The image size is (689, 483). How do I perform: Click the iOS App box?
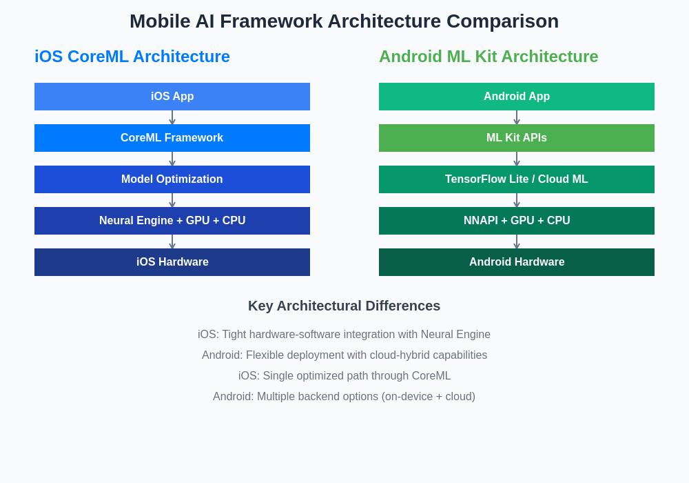(172, 97)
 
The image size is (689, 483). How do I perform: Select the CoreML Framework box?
(172, 138)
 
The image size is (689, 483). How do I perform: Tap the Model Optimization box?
(172, 179)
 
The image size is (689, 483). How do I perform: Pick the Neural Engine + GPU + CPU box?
(172, 220)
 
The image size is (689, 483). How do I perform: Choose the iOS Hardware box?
(172, 262)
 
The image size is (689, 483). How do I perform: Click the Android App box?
(517, 97)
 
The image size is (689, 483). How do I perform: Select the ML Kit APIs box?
(517, 138)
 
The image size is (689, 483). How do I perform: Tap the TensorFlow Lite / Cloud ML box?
(517, 179)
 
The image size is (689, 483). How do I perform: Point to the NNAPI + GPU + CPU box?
(517, 220)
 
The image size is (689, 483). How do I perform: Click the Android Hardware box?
(517, 262)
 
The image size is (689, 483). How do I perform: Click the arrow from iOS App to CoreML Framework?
(172, 117)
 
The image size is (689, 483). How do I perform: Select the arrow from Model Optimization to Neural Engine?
(172, 200)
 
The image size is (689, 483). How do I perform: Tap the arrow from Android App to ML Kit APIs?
(517, 117)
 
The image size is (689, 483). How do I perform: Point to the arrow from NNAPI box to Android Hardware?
(517, 241)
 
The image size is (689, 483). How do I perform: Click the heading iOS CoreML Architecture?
(132, 57)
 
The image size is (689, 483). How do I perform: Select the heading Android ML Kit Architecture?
(489, 57)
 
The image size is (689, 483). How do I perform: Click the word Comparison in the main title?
(503, 21)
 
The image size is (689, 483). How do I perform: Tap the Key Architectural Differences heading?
(344, 306)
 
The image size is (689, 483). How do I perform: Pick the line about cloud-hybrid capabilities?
(344, 355)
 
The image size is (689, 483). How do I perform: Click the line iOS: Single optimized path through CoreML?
(344, 375)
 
